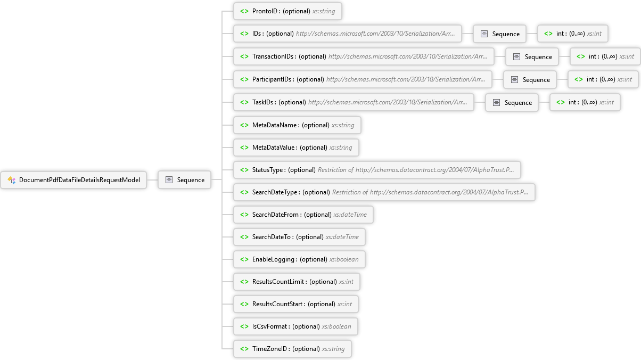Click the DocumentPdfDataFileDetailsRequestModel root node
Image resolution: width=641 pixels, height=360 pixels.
[73, 180]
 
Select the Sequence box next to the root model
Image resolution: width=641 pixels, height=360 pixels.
[185, 180]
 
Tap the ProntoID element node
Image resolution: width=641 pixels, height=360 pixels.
[287, 11]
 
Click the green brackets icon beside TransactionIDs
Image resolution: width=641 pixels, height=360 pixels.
[244, 56]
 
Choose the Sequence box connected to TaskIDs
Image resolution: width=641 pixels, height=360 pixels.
[512, 102]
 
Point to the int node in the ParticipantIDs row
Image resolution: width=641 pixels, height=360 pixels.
[603, 79]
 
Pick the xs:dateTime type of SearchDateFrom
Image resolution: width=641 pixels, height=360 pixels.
[350, 215]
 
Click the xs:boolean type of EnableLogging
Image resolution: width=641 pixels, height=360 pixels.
[344, 259]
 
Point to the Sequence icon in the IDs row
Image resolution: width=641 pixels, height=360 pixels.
[484, 34]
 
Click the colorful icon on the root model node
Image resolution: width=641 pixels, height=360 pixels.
[12, 180]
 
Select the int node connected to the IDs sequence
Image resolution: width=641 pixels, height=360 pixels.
[573, 34]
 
